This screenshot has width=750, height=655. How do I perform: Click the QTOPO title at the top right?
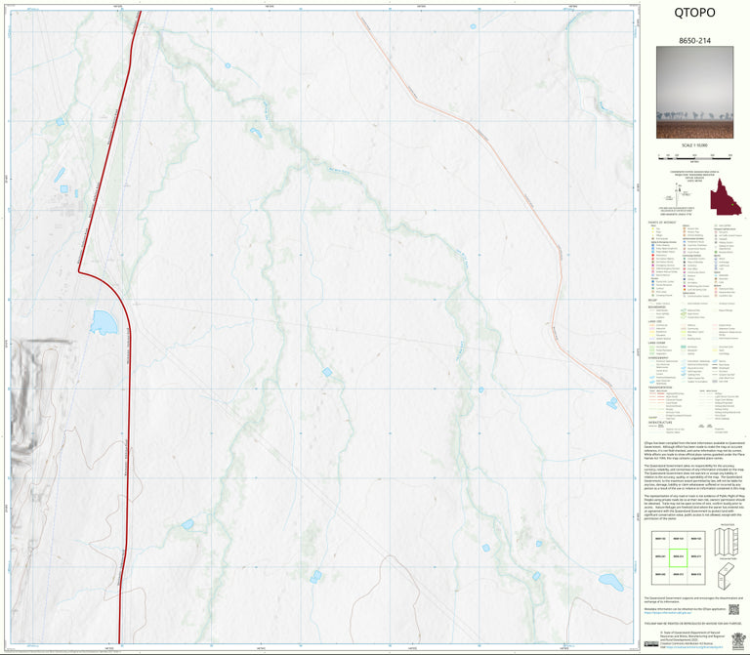(x=694, y=14)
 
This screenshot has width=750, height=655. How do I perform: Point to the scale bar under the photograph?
(x=694, y=155)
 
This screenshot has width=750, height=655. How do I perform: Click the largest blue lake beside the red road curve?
(x=103, y=320)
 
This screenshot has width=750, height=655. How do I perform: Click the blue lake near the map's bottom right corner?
(x=610, y=582)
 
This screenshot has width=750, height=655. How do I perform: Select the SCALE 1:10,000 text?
(x=694, y=145)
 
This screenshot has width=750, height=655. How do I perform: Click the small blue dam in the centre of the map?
(x=327, y=371)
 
